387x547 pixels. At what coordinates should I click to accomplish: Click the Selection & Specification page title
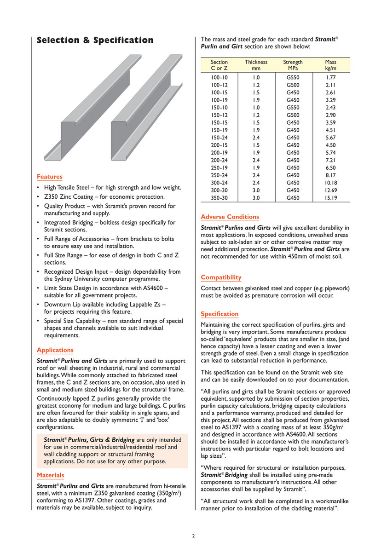[95, 40]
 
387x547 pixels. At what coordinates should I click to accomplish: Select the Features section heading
[49, 177]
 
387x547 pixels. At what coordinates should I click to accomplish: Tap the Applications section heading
[55, 350]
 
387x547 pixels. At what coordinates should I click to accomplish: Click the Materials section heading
[50, 475]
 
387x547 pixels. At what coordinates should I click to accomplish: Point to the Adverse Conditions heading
[230, 217]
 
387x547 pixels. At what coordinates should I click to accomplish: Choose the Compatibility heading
[221, 277]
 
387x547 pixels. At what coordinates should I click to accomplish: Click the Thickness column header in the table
[256, 65]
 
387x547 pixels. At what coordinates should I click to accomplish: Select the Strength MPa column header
[293, 65]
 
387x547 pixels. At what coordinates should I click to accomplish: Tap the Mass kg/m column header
[330, 65]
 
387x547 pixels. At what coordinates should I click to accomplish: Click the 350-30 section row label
[219, 198]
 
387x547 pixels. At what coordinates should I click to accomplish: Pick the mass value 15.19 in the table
[331, 198]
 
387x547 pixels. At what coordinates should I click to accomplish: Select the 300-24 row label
[219, 183]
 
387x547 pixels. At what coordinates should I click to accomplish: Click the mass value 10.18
[331, 183]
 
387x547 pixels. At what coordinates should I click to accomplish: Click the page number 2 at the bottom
[194, 535]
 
